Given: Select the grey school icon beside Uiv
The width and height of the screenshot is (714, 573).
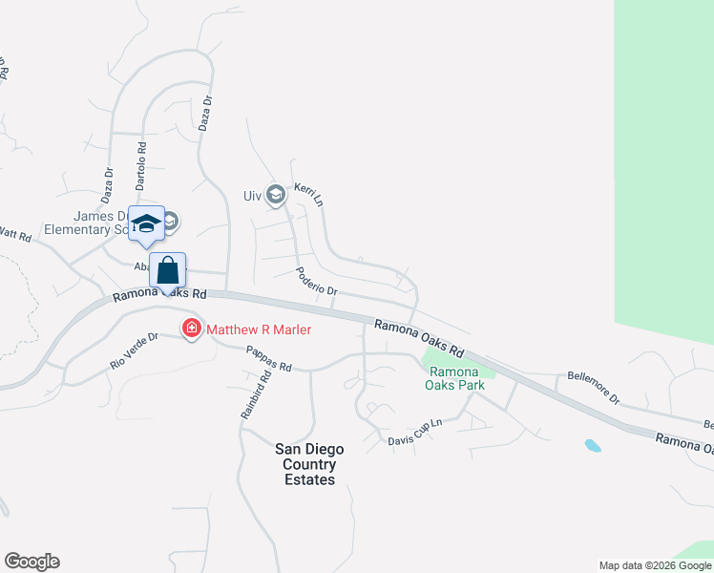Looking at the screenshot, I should pyautogui.click(x=276, y=196).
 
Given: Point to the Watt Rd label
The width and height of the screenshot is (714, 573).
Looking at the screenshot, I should pyautogui.click(x=15, y=233).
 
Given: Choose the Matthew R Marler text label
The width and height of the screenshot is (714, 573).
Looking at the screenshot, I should pyautogui.click(x=260, y=329).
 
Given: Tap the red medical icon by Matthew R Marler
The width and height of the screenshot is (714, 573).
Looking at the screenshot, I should pyautogui.click(x=192, y=329).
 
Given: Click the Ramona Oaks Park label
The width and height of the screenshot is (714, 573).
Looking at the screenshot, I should pyautogui.click(x=456, y=378).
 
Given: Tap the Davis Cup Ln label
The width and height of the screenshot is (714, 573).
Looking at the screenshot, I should pyautogui.click(x=415, y=432).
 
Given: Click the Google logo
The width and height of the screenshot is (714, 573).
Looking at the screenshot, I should pyautogui.click(x=31, y=562).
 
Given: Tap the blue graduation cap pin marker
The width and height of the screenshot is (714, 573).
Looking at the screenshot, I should pyautogui.click(x=146, y=224).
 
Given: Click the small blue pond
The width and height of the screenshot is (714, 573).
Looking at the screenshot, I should pyautogui.click(x=593, y=445).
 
